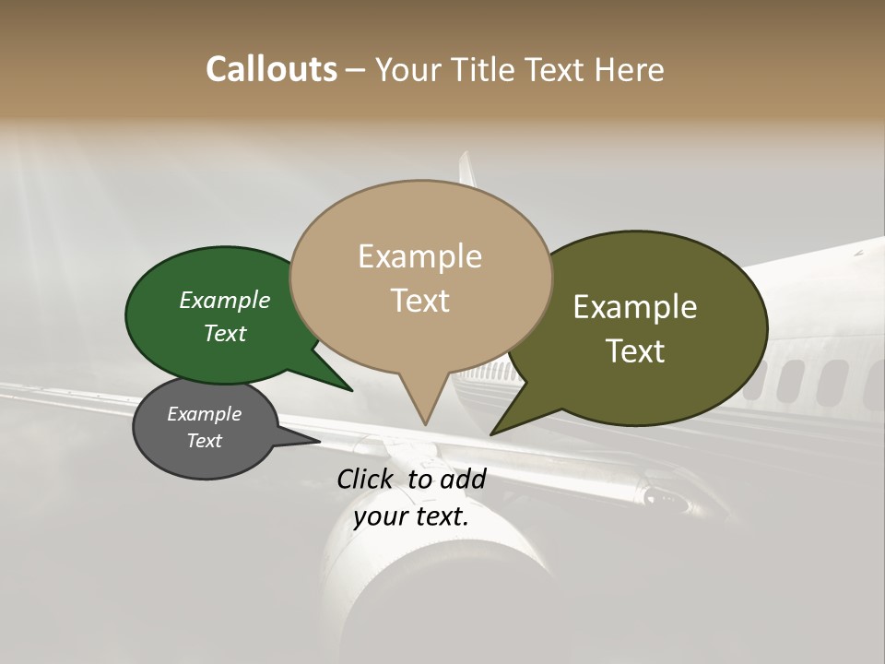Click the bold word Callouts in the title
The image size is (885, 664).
point(271,69)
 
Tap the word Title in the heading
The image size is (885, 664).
point(486,69)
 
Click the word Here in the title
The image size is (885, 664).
point(630,69)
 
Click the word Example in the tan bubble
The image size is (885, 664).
point(419,256)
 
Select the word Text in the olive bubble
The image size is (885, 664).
point(635,351)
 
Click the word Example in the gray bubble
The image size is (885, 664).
point(204,414)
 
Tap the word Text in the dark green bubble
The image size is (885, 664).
point(225,333)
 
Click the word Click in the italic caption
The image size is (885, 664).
point(367,479)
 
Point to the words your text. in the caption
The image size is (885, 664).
point(410,516)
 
